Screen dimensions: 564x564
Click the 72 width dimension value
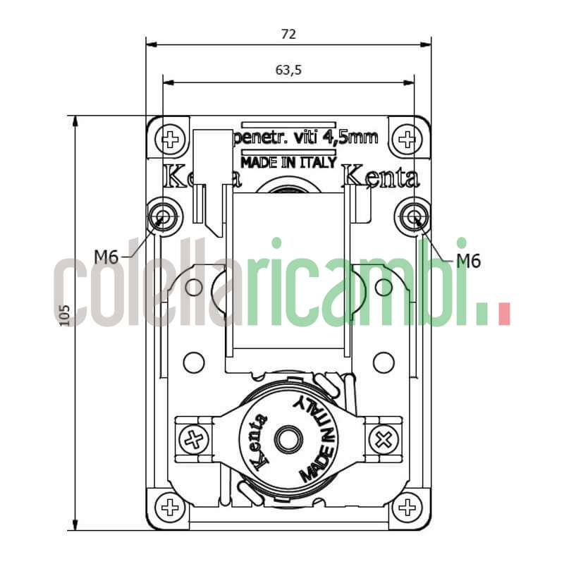point(288,34)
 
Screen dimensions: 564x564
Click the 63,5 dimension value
point(288,70)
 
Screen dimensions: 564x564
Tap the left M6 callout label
point(106,257)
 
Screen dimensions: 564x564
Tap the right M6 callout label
point(467,260)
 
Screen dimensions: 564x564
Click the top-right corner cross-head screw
point(406,139)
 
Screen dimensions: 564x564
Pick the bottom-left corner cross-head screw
point(170,506)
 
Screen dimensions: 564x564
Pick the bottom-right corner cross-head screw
point(406,506)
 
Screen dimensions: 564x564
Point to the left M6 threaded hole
point(164,215)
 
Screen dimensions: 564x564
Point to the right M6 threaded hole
point(412,215)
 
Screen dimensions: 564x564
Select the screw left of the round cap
point(194,440)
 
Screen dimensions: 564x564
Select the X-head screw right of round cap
point(384,441)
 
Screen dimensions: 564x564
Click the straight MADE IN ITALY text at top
point(288,162)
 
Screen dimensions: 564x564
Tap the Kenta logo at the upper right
point(380,178)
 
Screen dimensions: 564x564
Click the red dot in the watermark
point(503,314)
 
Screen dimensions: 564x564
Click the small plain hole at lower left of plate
point(193,363)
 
